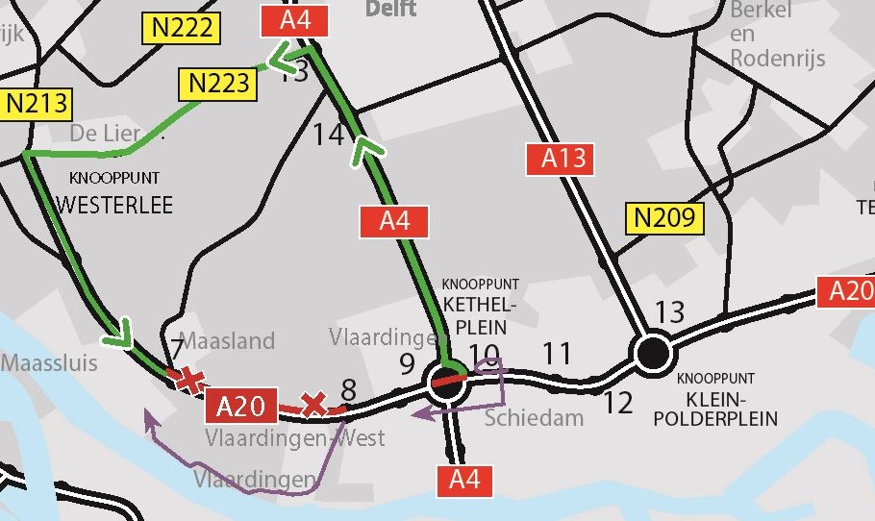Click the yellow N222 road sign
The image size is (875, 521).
point(182,28)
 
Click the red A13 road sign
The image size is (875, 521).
point(563,159)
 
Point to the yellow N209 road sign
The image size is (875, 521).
point(664,217)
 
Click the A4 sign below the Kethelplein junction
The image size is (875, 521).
point(464,479)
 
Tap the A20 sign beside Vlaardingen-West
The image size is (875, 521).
point(240,406)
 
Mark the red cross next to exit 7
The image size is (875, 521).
point(190,381)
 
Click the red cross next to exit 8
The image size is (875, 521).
point(312,404)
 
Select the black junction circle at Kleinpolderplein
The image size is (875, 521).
point(653,353)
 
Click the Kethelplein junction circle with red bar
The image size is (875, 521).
point(448,381)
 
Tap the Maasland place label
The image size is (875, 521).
point(227,340)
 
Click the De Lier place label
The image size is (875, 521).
point(106,133)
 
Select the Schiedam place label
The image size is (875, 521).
point(534,417)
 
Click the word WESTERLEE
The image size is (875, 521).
point(114,204)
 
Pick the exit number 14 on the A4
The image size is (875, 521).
point(328,135)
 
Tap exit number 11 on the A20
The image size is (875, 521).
point(557,354)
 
